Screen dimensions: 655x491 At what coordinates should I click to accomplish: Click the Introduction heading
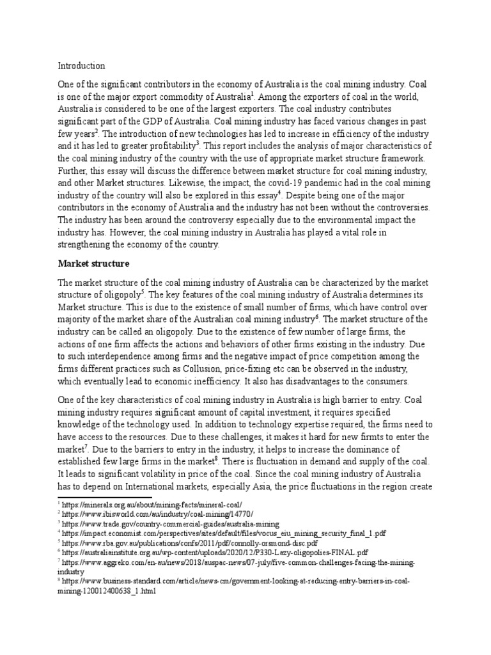click(81, 66)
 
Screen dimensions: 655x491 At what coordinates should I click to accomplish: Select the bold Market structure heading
click(94, 263)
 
